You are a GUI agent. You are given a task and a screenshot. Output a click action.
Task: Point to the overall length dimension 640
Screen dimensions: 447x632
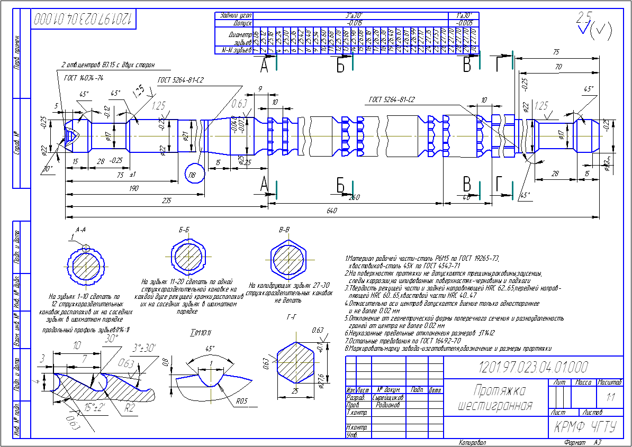[x=332, y=211]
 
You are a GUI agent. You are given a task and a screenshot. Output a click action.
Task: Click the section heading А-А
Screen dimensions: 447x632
[x=81, y=230]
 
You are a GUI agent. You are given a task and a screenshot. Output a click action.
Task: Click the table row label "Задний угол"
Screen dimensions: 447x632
[x=233, y=16]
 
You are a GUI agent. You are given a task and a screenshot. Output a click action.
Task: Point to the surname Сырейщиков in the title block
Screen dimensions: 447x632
[x=388, y=397]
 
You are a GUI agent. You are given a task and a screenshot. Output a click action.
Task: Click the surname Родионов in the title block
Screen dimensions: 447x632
[x=387, y=405]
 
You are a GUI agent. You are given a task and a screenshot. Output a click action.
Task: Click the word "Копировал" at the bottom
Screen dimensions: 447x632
[x=472, y=442]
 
